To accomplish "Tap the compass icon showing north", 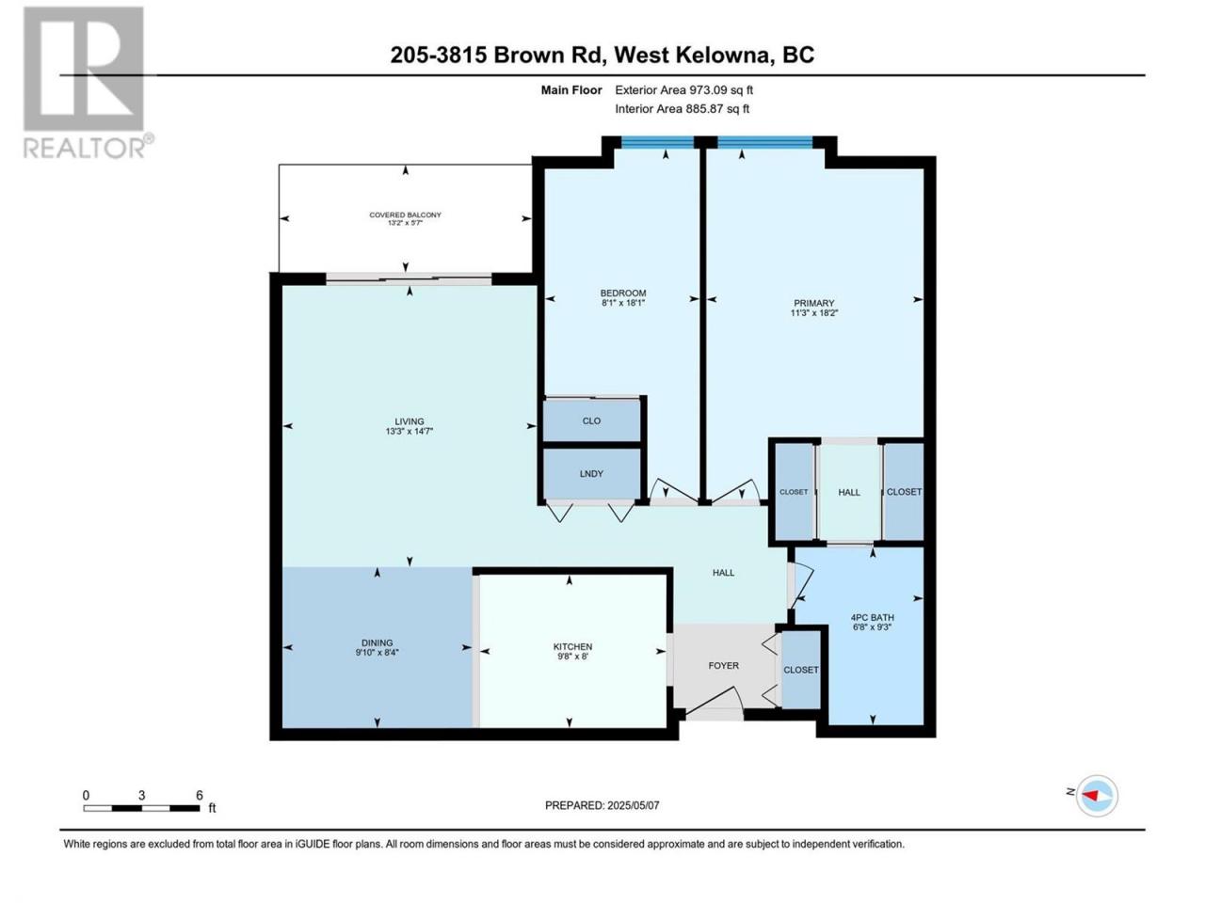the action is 1097,796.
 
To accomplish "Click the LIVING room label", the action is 409,421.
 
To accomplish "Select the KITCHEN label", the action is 572,647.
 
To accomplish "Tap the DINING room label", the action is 378,642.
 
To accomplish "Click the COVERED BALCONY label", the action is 405,214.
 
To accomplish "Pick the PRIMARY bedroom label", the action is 813,303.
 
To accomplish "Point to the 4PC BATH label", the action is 872,617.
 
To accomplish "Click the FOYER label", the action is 724,666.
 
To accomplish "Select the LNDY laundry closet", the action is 591,474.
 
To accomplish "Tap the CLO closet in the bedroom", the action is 591,420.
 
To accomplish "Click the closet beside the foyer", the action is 801,670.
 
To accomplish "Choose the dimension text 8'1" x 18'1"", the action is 622,302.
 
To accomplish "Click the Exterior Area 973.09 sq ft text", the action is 684,90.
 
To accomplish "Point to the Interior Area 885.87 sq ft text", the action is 682,108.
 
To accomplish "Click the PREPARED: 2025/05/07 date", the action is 602,805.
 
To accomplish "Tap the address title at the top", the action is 602,55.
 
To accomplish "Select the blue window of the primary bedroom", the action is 764,143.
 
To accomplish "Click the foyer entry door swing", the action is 714,703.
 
